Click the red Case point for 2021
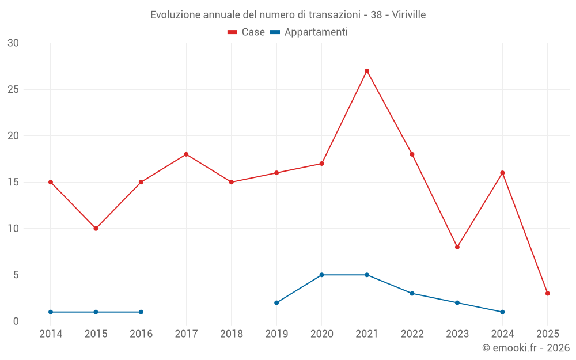pos(367,71)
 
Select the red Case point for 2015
pos(96,229)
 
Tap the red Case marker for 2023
pos(457,247)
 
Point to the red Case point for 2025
pos(548,293)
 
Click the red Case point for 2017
pos(186,154)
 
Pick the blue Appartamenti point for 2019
pos(276,302)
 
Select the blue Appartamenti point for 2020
pos(321,275)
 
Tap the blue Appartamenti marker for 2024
pos(502,312)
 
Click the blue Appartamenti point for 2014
pos(51,312)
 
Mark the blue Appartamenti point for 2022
pos(412,293)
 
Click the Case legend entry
pos(247,32)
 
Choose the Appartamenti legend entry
pos(309,32)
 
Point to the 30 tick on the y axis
pos(13,43)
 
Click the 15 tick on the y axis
pos(13,182)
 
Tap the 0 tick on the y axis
pos(16,321)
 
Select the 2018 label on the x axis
pos(231,334)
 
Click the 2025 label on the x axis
pos(548,334)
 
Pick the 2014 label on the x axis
pos(51,334)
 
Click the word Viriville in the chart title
pos(409,15)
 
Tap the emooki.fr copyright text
pos(526,348)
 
